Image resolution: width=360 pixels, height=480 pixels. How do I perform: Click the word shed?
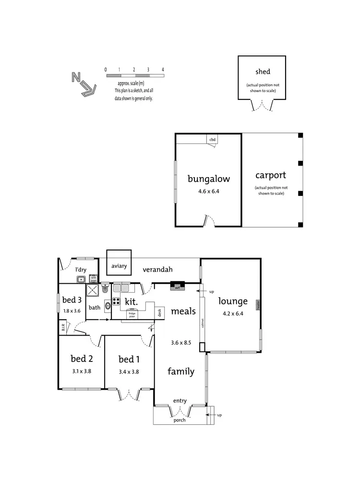point(263,72)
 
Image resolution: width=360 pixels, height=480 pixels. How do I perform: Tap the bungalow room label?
point(208,179)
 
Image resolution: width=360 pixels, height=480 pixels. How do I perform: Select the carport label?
point(271,175)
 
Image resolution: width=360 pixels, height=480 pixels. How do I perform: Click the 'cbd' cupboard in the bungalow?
point(213,140)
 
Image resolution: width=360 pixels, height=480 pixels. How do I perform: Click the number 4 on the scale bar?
point(163,70)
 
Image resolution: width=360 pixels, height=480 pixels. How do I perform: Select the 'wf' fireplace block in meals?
point(178,287)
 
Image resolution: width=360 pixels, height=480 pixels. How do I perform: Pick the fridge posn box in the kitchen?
point(132,314)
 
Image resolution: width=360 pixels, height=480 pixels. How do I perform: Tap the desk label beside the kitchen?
point(159,313)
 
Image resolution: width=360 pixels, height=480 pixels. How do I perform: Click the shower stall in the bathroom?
point(92,289)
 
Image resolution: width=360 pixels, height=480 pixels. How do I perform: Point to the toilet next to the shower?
point(105,289)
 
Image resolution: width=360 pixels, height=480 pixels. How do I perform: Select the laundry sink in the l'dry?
point(81,279)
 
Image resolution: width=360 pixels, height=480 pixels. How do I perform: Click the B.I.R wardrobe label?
point(63,328)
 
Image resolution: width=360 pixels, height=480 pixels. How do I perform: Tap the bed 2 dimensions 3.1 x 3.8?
point(81,371)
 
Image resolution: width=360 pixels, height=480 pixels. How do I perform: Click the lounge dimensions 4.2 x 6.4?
point(233,313)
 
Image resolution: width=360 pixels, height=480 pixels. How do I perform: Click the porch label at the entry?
point(180,420)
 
